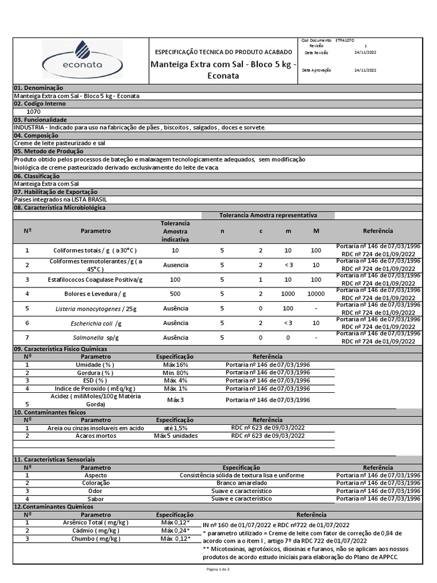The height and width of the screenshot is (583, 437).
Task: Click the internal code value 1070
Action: (34, 112)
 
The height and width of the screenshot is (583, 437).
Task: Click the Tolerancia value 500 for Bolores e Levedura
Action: (175, 294)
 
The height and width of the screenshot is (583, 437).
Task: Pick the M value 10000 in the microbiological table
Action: (316, 294)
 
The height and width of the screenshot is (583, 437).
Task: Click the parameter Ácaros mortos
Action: (95, 436)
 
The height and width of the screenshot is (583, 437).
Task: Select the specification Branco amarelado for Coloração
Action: (241, 483)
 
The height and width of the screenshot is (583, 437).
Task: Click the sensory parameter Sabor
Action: (95, 498)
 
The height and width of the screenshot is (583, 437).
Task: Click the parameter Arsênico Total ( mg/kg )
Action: (95, 523)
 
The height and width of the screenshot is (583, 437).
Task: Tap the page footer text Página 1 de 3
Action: (218, 569)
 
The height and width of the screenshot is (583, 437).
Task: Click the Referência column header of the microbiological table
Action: (377, 231)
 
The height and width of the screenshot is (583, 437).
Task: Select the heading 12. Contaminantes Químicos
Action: (52, 507)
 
